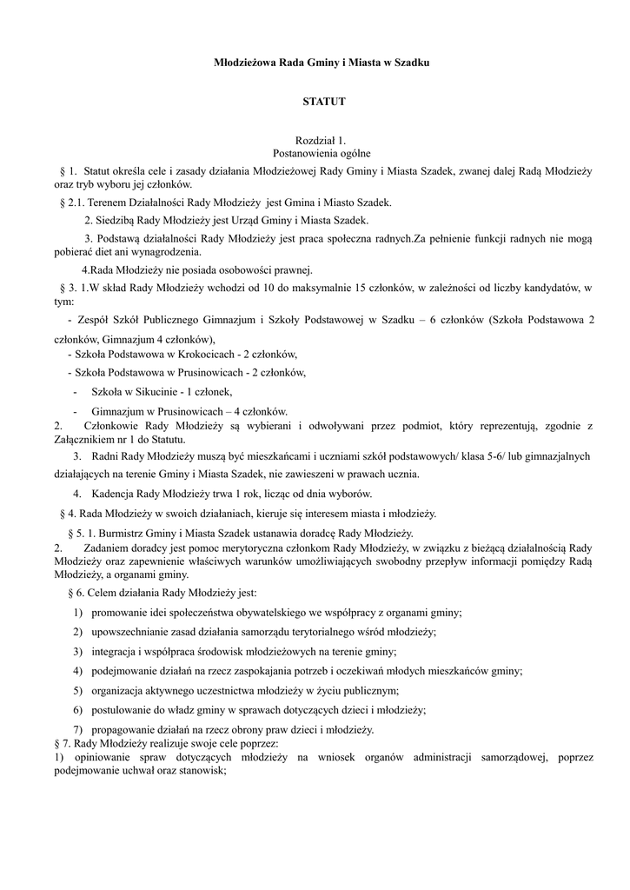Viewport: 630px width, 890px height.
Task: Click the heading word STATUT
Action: pyautogui.click(x=323, y=102)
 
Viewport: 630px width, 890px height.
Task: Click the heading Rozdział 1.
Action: pyautogui.click(x=321, y=140)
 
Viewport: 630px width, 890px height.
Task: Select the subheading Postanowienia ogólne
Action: pyautogui.click(x=322, y=152)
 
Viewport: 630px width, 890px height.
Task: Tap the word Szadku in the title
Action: pyautogui.click(x=411, y=63)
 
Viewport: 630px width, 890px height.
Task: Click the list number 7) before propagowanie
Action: pyautogui.click(x=77, y=729)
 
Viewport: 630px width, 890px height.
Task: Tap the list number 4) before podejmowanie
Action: pyautogui.click(x=77, y=671)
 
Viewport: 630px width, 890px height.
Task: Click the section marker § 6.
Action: pyautogui.click(x=74, y=593)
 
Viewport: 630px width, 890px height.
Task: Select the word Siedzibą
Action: pyautogui.click(x=116, y=220)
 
